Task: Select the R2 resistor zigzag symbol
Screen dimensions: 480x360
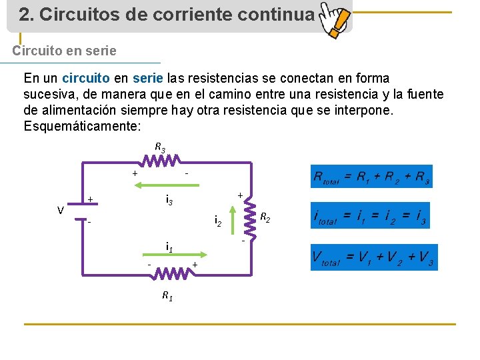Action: pos(252,215)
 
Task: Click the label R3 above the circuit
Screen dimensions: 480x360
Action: pos(160,147)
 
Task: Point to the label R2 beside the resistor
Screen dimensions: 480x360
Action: pos(265,217)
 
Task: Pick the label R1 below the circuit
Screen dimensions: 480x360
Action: pos(167,296)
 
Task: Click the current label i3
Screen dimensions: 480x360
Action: pos(169,199)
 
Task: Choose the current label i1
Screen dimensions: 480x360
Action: pos(169,247)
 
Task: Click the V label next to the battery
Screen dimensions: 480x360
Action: pos(60,211)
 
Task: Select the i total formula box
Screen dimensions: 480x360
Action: pos(371,216)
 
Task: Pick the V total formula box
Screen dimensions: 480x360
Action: pos(373,257)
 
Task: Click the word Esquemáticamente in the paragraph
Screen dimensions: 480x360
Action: pos(82,127)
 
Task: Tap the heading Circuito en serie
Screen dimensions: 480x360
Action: pos(65,51)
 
